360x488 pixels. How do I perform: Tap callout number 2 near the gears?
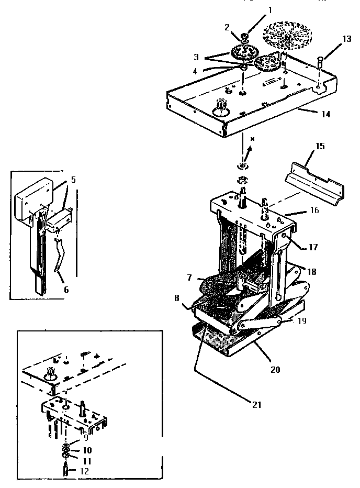click(227, 27)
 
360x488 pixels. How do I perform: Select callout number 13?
click(347, 39)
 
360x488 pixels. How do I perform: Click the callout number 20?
click(275, 369)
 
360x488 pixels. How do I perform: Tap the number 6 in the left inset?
click(66, 289)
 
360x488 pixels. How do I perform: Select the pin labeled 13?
click(321, 69)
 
